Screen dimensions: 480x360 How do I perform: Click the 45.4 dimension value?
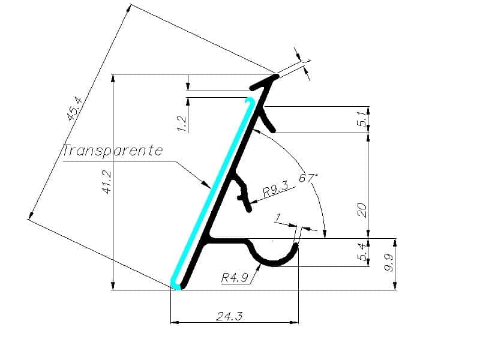pos(74,109)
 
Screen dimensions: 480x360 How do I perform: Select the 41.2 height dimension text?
pos(107,182)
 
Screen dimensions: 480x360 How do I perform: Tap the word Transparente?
pos(112,151)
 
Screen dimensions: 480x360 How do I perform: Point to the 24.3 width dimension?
pos(229,316)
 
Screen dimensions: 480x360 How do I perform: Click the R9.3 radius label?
pos(275,190)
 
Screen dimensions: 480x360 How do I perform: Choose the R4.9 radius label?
pos(234,278)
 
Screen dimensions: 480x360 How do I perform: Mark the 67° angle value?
pos(308,178)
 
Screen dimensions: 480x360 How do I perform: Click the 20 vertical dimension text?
pos(362,209)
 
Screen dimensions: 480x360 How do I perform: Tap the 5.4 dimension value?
pos(362,252)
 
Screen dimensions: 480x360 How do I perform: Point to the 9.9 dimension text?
pos(389,263)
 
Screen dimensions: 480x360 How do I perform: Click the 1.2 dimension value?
pos(182,123)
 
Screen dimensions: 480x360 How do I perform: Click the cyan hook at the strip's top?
pos(250,103)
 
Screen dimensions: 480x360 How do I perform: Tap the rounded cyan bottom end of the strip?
pos(176,284)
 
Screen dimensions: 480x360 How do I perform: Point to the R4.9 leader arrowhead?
pos(259,267)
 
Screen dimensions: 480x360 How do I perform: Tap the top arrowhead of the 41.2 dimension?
pos(113,79)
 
